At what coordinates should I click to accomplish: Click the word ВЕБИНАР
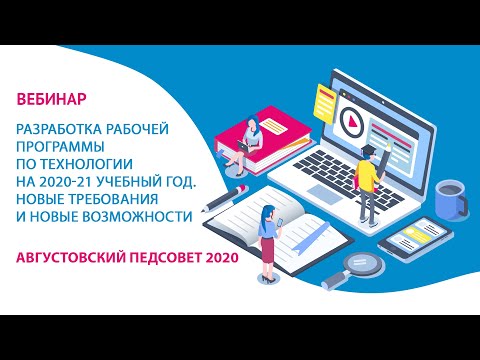pos(51,99)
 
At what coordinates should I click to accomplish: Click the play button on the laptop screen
pos(351,120)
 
